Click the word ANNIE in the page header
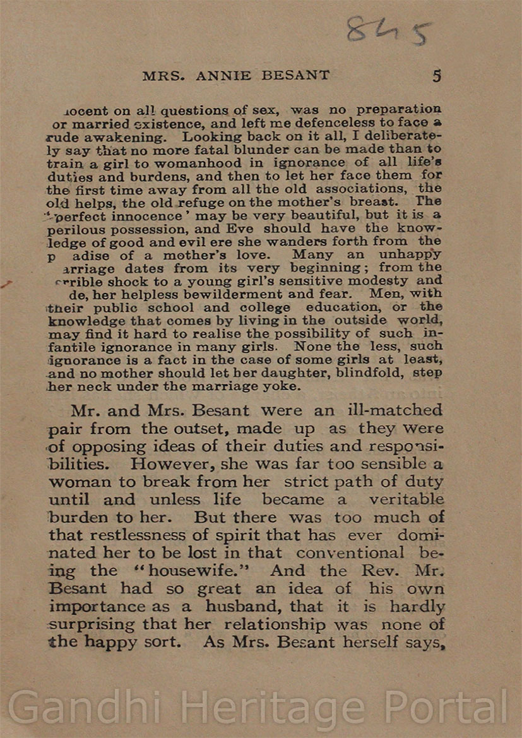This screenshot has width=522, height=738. (225, 76)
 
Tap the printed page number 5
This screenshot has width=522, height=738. (437, 76)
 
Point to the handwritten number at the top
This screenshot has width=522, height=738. (388, 32)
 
